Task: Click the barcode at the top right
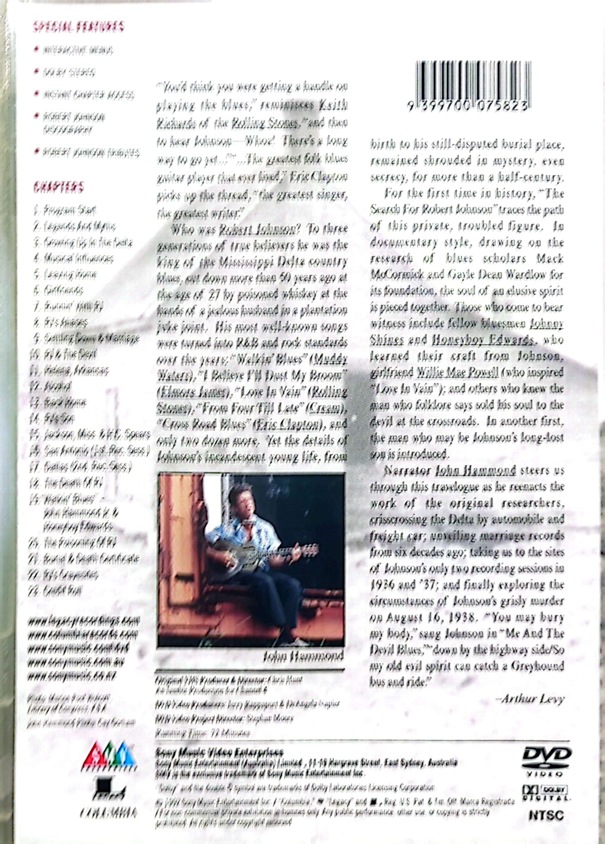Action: tap(472, 86)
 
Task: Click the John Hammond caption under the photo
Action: tap(303, 656)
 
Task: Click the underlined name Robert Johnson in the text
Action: tap(257, 229)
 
